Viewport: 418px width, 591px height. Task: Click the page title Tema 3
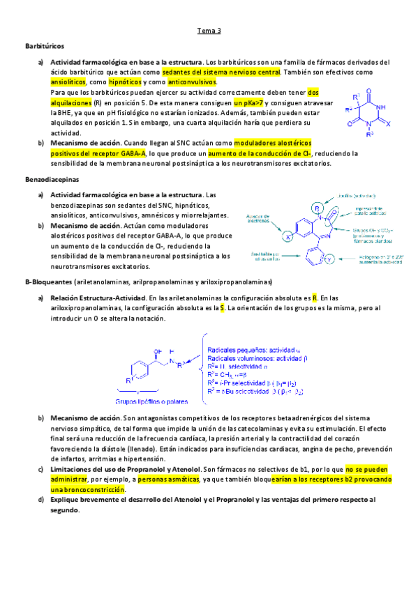(x=209, y=31)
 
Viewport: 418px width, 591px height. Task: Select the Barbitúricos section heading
(x=45, y=46)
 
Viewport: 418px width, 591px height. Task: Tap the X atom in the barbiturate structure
(x=396, y=121)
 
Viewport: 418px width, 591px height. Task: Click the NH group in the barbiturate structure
(x=381, y=107)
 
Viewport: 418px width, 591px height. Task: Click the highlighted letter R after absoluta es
(x=315, y=297)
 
